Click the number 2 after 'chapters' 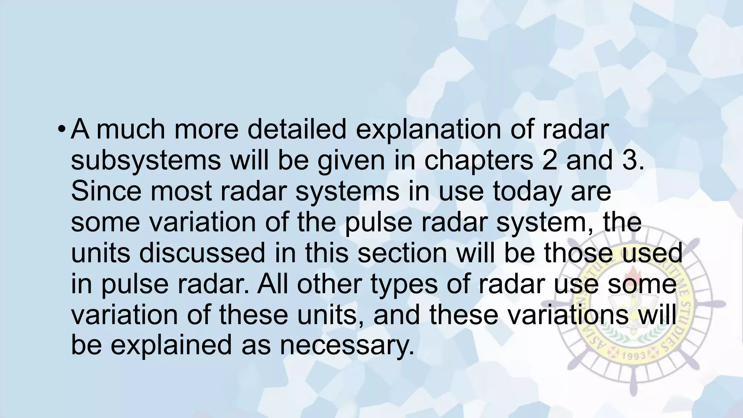coord(549,160)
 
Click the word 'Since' coord(106,191)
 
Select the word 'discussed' coord(202,253)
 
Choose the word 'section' coord(402,253)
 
